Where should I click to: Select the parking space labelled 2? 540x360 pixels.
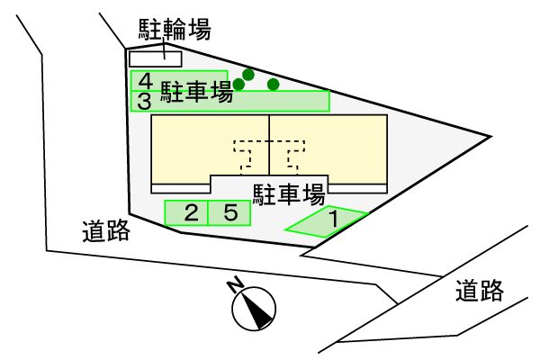190,213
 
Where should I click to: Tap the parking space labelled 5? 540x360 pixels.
230,213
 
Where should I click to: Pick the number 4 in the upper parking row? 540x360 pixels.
145,79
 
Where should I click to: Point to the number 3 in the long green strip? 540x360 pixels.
145,100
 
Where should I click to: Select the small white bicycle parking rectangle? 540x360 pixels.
156,58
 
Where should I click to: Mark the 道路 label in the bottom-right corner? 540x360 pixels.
478,291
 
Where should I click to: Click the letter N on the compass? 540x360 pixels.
233,285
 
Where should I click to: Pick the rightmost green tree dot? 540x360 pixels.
274,85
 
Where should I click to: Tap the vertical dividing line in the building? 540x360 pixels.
269,144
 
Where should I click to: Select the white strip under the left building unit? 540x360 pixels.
181,188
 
